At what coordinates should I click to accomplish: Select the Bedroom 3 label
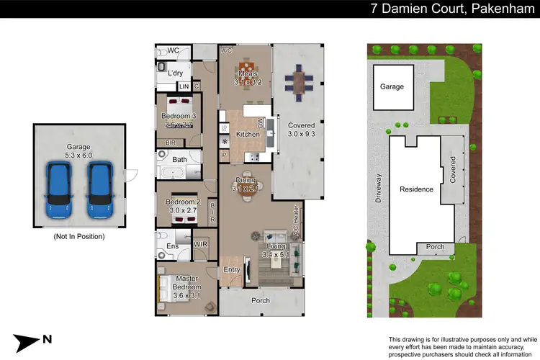click(x=176, y=117)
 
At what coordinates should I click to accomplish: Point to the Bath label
click(x=179, y=159)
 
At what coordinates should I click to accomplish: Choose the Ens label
click(x=173, y=246)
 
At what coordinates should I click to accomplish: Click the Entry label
click(x=231, y=270)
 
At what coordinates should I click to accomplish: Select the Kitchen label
click(x=248, y=135)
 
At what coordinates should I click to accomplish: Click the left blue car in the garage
click(x=58, y=189)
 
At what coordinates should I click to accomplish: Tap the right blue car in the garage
click(x=99, y=189)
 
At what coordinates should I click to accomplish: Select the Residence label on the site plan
click(x=416, y=189)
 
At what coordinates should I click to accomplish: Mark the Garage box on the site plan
click(x=392, y=87)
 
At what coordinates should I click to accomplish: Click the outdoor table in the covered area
click(x=298, y=82)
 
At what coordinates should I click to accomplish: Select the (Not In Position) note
click(x=79, y=236)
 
